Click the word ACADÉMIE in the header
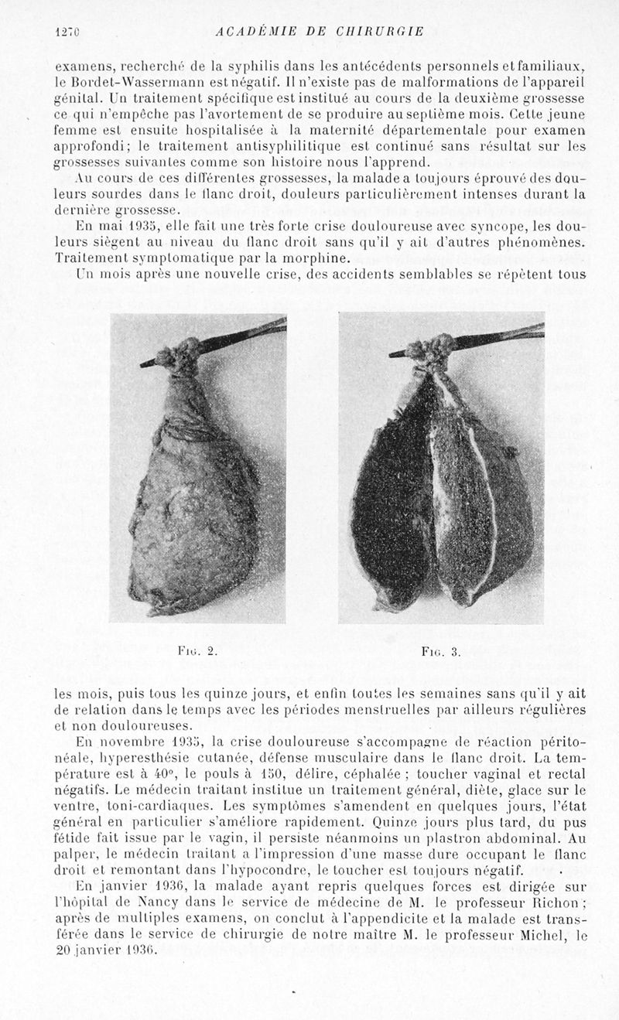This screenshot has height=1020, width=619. coord(254,32)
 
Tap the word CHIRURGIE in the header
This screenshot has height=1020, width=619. coord(379,32)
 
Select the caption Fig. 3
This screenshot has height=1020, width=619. coord(441,652)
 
